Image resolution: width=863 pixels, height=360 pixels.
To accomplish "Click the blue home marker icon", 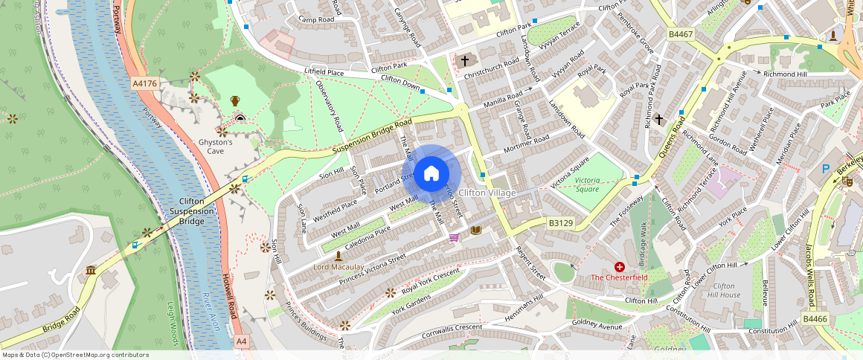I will [x=431, y=174].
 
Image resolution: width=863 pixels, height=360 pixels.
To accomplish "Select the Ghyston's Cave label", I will [x=215, y=147].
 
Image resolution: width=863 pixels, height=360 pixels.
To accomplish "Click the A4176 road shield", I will [x=144, y=84].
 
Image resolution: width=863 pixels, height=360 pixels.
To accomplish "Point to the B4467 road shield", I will [x=680, y=34].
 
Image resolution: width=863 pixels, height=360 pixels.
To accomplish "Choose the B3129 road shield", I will [x=561, y=222].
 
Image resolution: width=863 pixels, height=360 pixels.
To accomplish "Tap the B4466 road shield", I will [x=815, y=319].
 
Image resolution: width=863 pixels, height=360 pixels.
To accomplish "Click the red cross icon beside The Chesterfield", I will [x=619, y=266].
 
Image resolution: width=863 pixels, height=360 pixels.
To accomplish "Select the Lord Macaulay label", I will [x=339, y=266].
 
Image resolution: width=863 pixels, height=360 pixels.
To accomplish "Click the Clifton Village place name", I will [x=487, y=193].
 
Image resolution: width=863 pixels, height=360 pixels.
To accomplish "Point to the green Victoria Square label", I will [x=587, y=184].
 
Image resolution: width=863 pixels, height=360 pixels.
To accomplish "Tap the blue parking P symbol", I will [x=825, y=170].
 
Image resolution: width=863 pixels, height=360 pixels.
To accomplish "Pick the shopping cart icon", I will [x=454, y=237].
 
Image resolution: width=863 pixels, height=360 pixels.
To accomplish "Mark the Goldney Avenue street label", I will [x=597, y=324].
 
